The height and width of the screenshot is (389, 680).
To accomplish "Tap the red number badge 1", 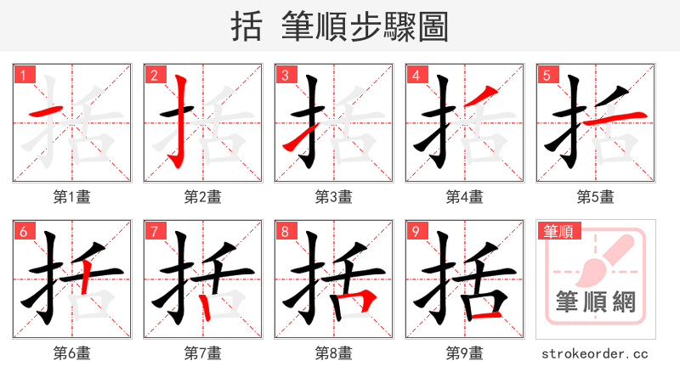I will pyautogui.click(x=23, y=75).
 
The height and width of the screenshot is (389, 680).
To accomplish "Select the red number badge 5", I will pyautogui.click(x=547, y=75).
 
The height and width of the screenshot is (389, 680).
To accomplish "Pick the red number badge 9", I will pyautogui.click(x=416, y=231).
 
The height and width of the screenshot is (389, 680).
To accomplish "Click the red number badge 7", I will pyautogui.click(x=154, y=231).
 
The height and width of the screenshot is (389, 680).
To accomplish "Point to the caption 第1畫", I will pyautogui.click(x=72, y=197).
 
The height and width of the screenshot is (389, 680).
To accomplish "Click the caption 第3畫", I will pyautogui.click(x=334, y=197).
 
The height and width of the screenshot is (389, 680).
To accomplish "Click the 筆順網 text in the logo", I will pyautogui.click(x=596, y=302).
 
